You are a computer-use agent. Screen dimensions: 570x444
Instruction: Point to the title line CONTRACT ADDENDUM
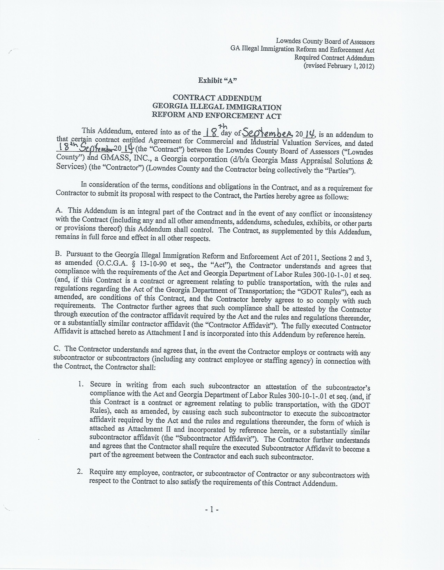(217, 98)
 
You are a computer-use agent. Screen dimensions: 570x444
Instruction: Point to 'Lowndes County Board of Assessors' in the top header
(325, 42)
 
